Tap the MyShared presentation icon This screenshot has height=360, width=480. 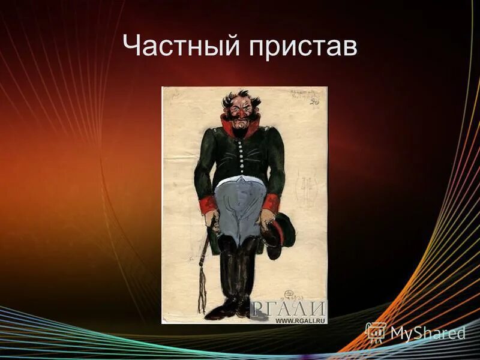click(376, 332)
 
